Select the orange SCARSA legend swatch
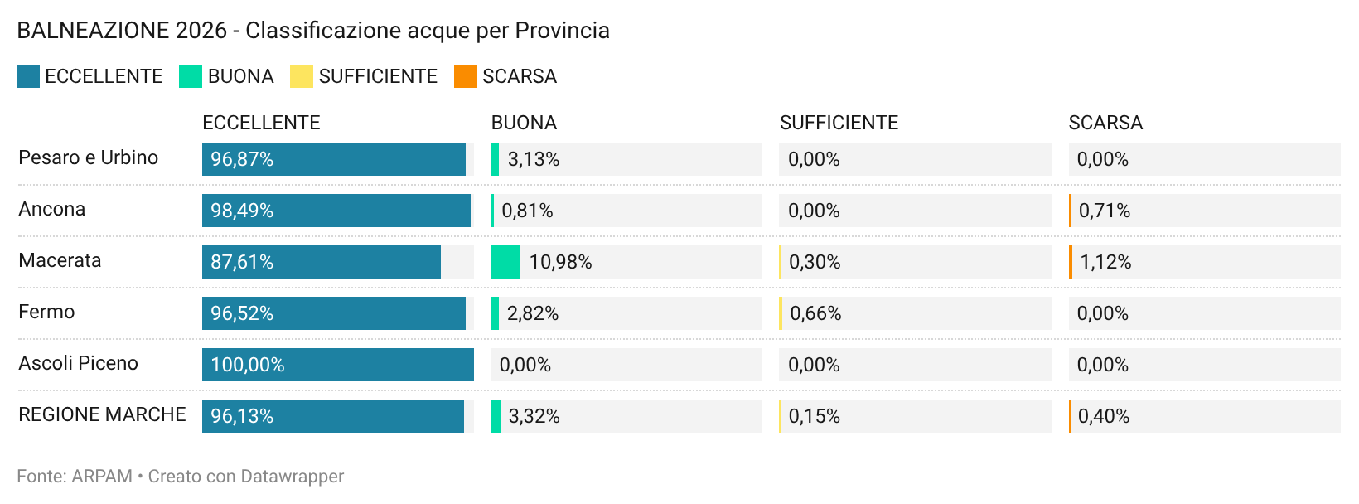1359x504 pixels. pos(465,76)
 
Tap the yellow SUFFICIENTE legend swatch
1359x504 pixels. pos(301,76)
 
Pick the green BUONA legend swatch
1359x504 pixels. pos(191,76)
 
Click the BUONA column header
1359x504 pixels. pos(524,123)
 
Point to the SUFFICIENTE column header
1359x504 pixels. pos(839,123)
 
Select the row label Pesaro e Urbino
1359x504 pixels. pos(88,157)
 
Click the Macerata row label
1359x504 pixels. pos(60,260)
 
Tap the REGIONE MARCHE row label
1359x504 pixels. pos(102,414)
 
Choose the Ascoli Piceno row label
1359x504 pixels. pos(78,363)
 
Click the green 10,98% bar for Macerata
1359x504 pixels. pos(505,262)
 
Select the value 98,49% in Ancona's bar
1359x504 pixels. pos(242,211)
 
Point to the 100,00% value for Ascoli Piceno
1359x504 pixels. pos(248,365)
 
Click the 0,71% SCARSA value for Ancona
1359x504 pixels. pos(1105,211)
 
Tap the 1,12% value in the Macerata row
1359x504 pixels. pos(1105,262)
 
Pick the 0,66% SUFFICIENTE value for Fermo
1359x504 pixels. pos(815,313)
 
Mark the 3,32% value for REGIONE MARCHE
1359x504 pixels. pos(534,416)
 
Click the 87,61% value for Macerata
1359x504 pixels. pos(242,262)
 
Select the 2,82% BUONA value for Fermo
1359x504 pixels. pos(533,313)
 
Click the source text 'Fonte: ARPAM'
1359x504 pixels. pos(75,477)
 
